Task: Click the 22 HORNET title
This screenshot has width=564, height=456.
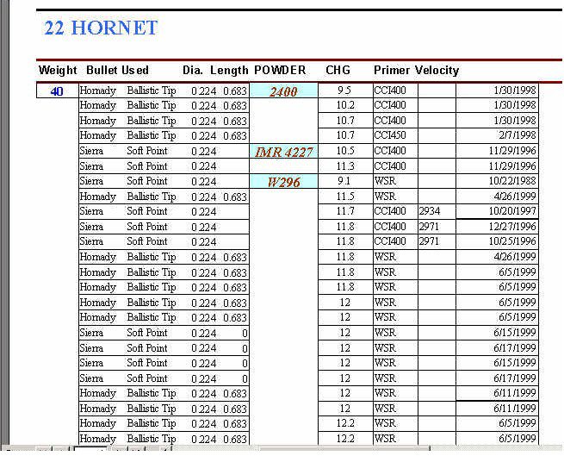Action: tap(101, 28)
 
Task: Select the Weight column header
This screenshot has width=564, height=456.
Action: tap(57, 70)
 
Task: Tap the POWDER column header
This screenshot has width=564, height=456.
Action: tap(280, 70)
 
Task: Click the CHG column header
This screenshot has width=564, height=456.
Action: tap(338, 70)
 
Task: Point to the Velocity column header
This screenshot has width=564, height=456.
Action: tap(437, 70)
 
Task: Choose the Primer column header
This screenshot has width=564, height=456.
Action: tap(392, 70)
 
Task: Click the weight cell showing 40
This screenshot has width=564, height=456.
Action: tap(57, 91)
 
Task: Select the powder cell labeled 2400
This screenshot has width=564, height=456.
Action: tap(283, 91)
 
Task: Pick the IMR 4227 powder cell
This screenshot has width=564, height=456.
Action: tap(283, 152)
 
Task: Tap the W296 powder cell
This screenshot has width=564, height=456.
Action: tap(283, 182)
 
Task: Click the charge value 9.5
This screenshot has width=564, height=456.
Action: tap(344, 91)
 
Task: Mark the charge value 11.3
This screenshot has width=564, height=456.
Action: tap(344, 166)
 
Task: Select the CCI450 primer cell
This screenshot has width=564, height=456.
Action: tap(390, 136)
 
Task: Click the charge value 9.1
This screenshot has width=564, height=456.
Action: tap(344, 182)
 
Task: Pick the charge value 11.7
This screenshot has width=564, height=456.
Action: tap(344, 212)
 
